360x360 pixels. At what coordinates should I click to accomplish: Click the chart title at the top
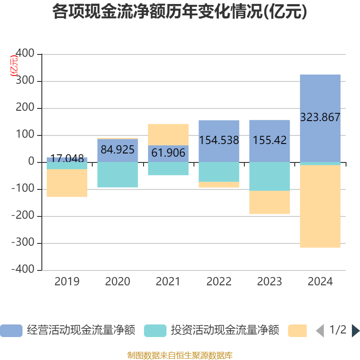coord(180,12)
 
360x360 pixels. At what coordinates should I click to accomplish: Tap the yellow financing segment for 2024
coord(320,207)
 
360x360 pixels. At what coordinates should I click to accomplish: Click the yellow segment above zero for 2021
coord(168,134)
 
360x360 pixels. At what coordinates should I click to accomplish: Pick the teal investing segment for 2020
coord(117,175)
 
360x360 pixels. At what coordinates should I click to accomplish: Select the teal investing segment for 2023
coord(270,176)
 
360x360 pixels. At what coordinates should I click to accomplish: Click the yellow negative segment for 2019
coord(67,183)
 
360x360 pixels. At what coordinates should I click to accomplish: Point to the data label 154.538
coord(219,140)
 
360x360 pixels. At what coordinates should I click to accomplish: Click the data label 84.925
coord(117,149)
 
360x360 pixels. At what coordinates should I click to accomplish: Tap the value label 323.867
coord(320,117)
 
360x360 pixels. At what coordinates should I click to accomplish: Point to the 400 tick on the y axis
coord(25,54)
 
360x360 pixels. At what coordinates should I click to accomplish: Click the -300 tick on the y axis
coord(23,243)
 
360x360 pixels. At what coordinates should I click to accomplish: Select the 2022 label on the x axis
coord(219,282)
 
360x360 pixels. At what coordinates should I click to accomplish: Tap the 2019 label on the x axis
coord(67,282)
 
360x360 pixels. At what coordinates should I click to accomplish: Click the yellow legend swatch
coord(297,331)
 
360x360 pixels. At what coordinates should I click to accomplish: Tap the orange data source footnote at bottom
coord(180,355)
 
